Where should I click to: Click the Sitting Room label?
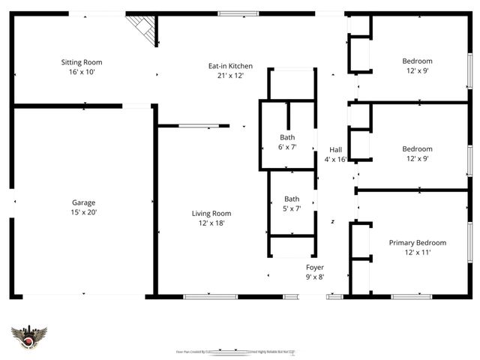(x=82, y=62)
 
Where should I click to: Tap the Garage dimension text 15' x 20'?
(x=83, y=213)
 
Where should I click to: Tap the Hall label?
(x=336, y=149)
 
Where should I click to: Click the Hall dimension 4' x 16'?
(x=336, y=159)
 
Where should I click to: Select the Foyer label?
(x=315, y=267)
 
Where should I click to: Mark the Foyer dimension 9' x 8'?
(x=315, y=277)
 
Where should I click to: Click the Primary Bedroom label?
(x=417, y=242)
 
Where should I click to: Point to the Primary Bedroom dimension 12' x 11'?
(x=417, y=253)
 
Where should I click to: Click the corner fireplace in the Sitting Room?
(x=143, y=28)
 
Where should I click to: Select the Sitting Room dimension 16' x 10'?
(x=82, y=72)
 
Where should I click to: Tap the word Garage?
(x=83, y=202)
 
